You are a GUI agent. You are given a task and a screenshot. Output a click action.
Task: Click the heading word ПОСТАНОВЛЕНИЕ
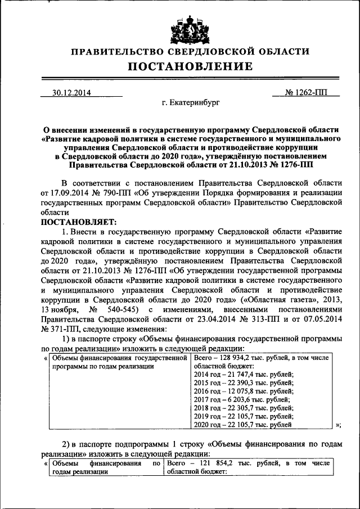click(x=190, y=66)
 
